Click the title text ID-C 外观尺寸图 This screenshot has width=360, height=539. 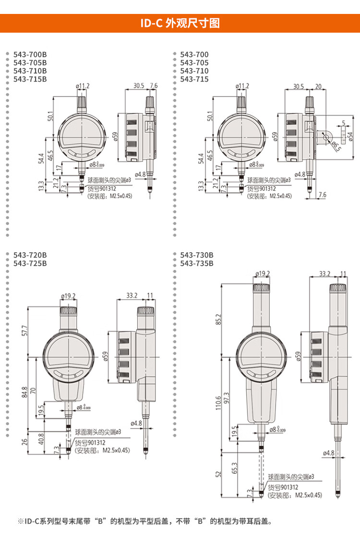[x=180, y=23]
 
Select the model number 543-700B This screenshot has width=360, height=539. [x=30, y=54]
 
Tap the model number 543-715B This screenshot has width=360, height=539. [x=30, y=79]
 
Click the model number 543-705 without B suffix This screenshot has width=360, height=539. [x=194, y=62]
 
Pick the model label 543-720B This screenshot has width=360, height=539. [x=30, y=255]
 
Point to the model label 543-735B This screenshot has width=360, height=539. [x=197, y=263]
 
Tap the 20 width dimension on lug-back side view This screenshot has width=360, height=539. [x=318, y=86]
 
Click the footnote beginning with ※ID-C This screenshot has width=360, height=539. [x=144, y=521]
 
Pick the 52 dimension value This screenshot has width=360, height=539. [x=219, y=474]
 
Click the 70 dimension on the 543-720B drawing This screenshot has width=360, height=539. [x=33, y=391]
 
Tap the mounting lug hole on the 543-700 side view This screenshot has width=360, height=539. [x=326, y=137]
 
